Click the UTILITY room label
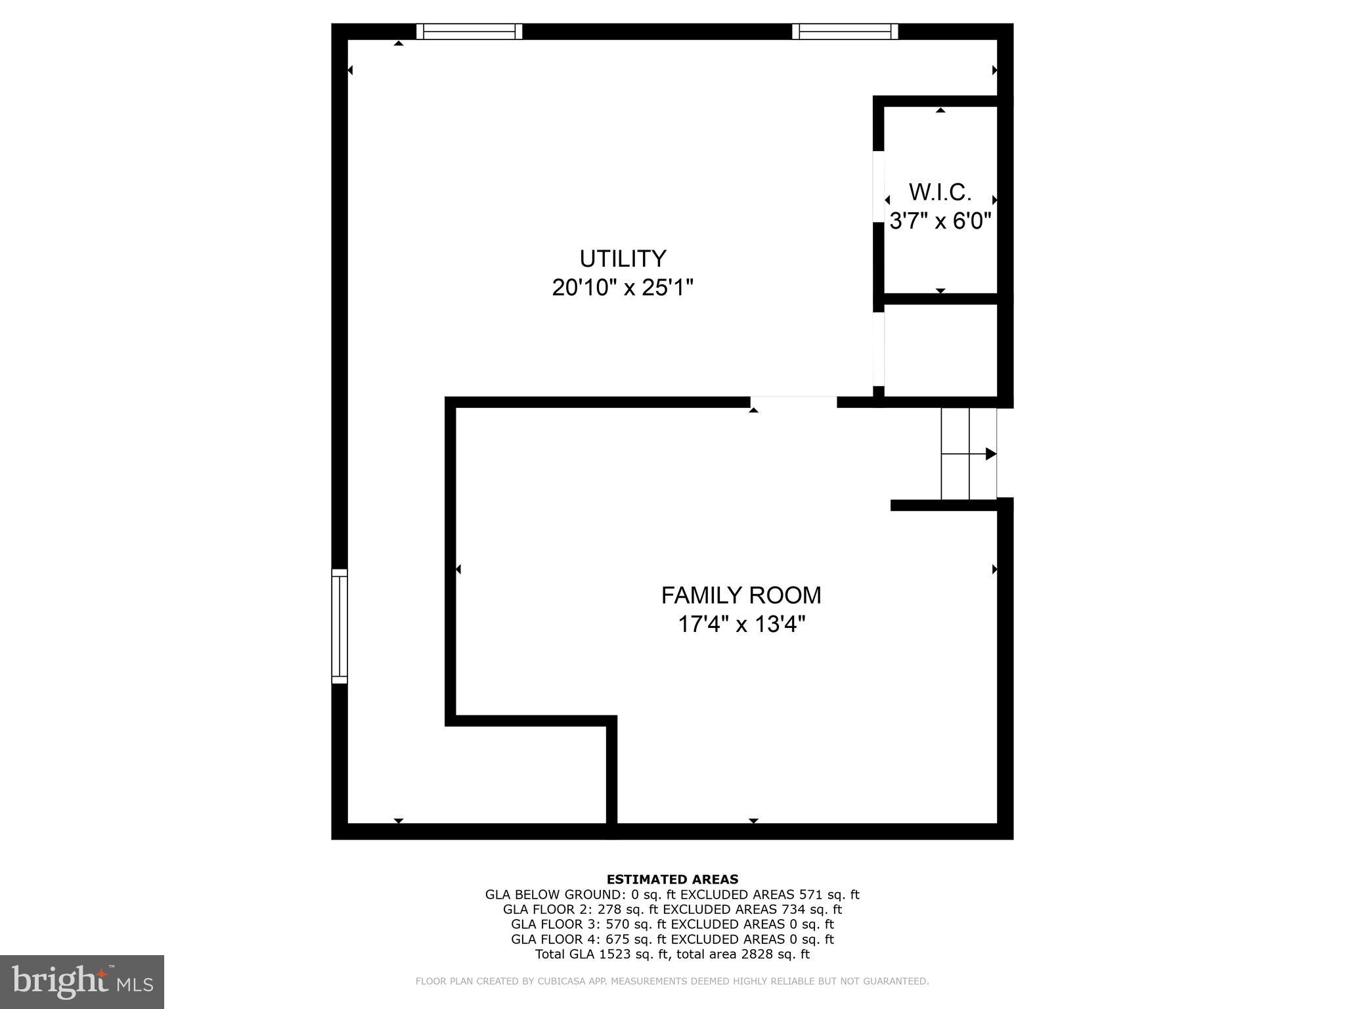623,258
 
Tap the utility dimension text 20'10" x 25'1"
623,288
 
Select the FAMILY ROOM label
741,595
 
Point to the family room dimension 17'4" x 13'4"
741,624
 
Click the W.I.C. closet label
940,192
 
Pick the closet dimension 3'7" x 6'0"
940,221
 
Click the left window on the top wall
470,32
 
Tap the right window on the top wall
845,32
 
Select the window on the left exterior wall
339,626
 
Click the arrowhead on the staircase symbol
991,454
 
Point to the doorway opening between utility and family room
793,401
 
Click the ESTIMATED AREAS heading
672,880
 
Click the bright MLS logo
82,982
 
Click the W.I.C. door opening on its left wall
878,187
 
